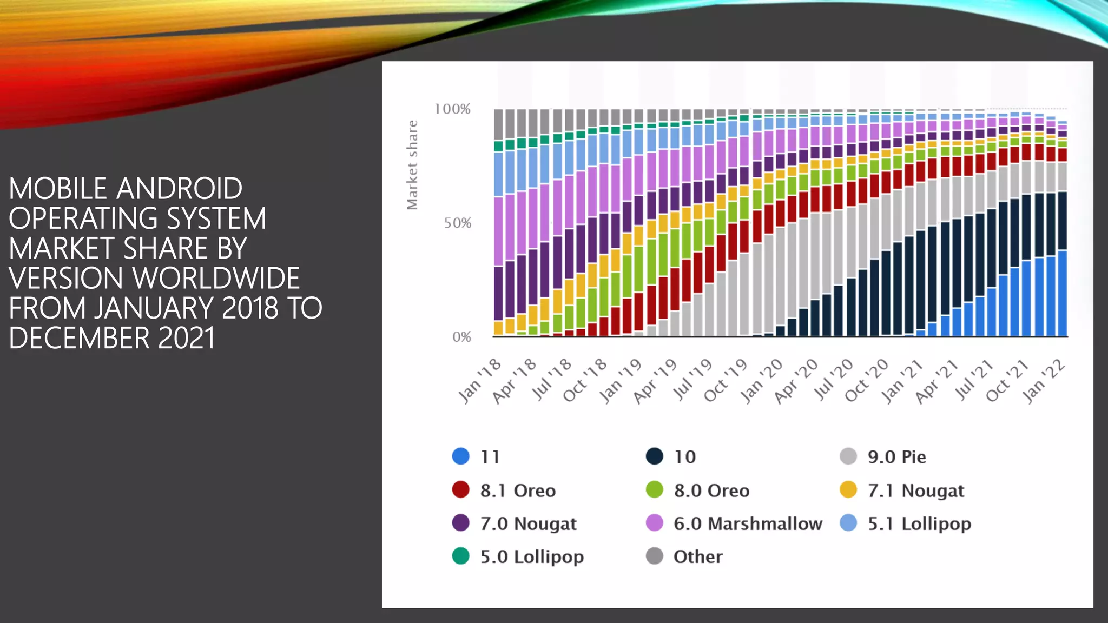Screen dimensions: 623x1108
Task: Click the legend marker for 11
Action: click(x=460, y=456)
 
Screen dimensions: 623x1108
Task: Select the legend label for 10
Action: click(x=684, y=457)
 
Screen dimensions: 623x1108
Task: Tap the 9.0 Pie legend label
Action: click(x=896, y=457)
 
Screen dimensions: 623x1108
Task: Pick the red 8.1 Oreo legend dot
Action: click(x=460, y=490)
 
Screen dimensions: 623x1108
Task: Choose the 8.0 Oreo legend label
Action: click(x=711, y=491)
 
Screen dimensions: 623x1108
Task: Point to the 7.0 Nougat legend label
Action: click(x=528, y=523)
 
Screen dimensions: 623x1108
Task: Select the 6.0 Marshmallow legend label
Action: click(x=748, y=523)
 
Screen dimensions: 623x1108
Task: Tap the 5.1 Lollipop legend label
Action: click(x=919, y=523)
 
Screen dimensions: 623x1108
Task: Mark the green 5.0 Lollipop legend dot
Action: click(x=460, y=556)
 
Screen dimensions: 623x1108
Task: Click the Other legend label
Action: click(x=698, y=556)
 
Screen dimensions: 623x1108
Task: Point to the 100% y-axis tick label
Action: click(x=452, y=109)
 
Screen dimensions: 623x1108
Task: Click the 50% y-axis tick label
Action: click(x=458, y=223)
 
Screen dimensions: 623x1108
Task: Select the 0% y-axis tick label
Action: click(x=461, y=337)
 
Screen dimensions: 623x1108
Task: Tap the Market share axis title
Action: click(x=412, y=165)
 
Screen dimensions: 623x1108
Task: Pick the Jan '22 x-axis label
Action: click(x=1044, y=381)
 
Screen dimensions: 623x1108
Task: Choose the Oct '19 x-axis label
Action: click(x=726, y=381)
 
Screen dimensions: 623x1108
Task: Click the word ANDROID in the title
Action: click(x=179, y=189)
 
